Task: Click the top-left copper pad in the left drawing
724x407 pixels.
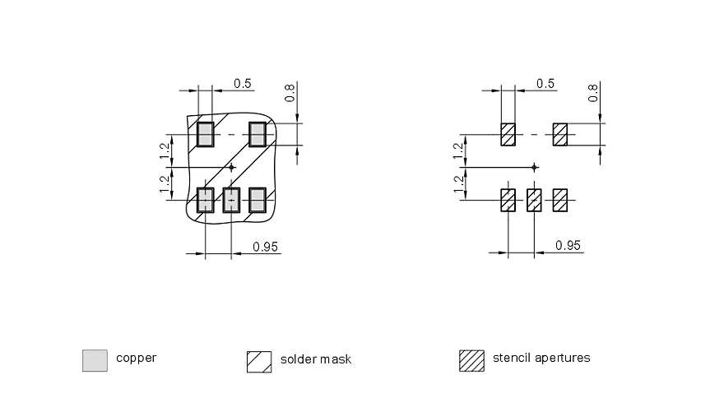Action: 205,134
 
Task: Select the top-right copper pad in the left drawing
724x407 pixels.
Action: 258,134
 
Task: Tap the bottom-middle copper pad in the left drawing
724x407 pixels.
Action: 231,199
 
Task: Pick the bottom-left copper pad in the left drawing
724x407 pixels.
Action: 205,199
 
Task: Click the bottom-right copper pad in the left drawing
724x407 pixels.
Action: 258,199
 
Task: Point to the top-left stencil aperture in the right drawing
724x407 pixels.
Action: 508,134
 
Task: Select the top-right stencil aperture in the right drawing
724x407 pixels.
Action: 561,134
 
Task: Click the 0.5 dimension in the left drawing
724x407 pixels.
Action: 243,83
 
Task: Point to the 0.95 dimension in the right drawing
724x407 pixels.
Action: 569,245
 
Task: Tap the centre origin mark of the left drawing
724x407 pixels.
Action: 231,167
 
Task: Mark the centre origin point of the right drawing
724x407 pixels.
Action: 535,167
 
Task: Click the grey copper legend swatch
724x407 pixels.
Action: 95,360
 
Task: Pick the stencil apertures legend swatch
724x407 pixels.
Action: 471,360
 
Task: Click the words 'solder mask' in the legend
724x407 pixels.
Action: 315,359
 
